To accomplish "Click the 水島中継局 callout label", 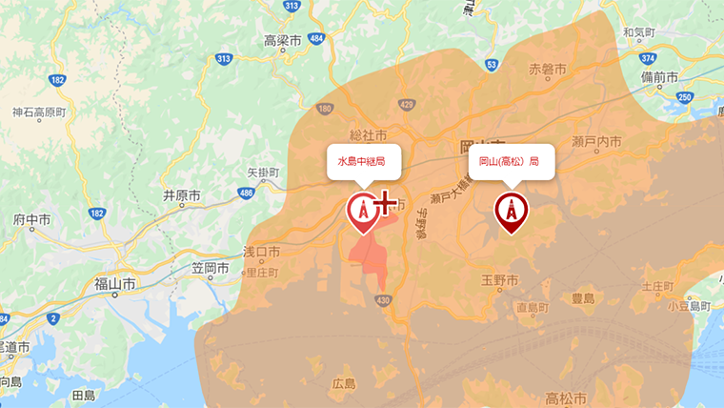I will click(361, 162).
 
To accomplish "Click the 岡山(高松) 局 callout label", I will click(510, 162).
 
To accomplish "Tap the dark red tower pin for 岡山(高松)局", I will click(512, 211).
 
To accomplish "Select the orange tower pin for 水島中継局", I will click(362, 211).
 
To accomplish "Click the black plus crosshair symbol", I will click(384, 203).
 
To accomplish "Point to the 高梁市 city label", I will click(282, 41).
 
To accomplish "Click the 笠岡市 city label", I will click(210, 269).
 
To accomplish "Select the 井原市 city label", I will click(181, 195).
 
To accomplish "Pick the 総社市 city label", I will click(368, 135).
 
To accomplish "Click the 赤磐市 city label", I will click(548, 70).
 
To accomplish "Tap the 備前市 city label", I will click(659, 76).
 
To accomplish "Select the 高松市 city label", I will click(565, 397).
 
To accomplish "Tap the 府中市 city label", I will click(32, 219).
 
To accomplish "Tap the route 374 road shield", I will click(648, 58).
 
